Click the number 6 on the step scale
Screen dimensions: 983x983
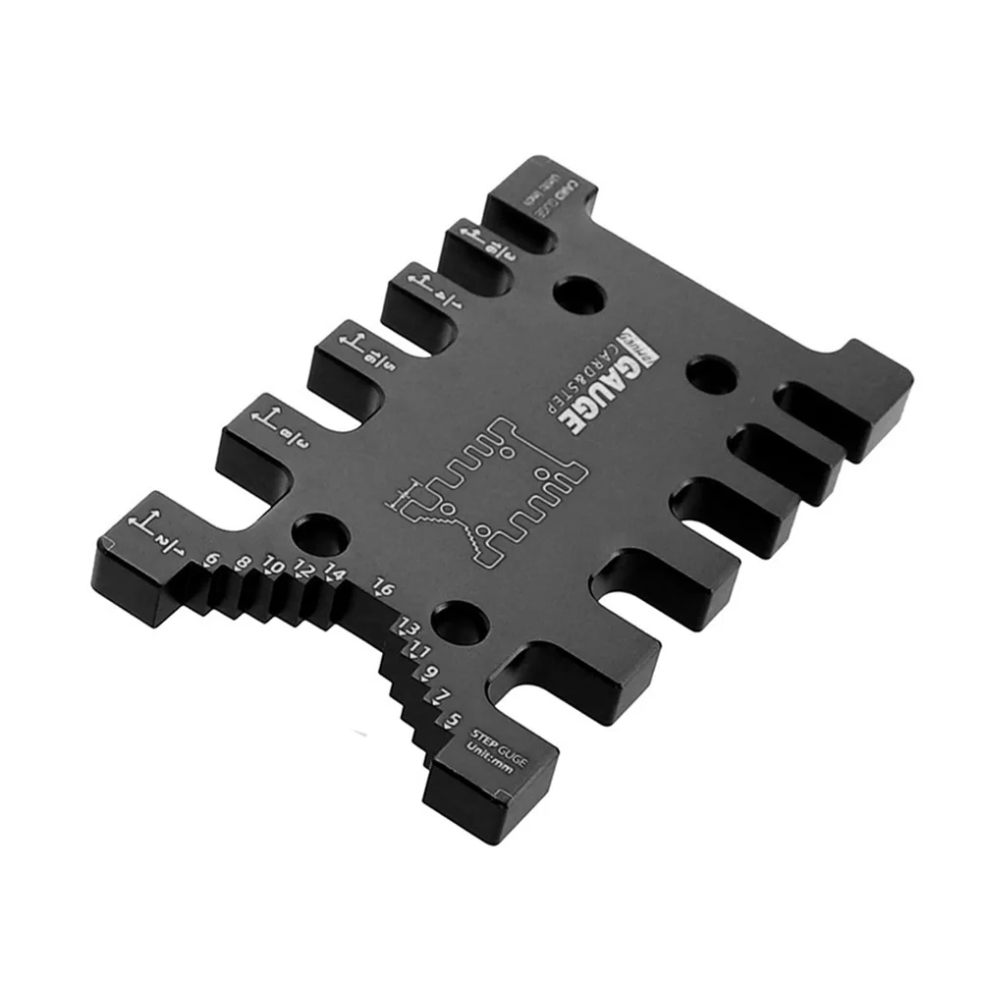coord(211,561)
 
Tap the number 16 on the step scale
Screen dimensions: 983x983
coord(383,588)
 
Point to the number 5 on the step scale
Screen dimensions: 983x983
coord(452,720)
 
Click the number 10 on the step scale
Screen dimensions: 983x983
coord(274,568)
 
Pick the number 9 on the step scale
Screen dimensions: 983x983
coord(430,673)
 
